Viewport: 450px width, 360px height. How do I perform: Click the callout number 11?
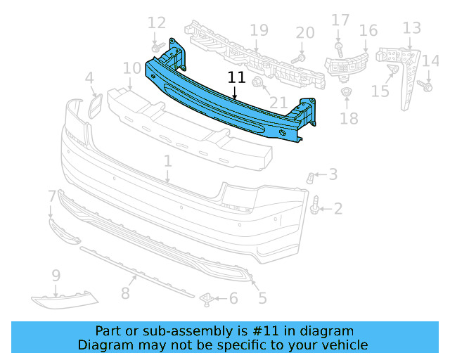click(x=236, y=78)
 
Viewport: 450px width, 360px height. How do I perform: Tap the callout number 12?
click(x=157, y=23)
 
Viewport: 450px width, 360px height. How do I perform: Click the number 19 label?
click(x=259, y=30)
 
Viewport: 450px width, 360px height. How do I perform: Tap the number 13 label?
click(x=412, y=28)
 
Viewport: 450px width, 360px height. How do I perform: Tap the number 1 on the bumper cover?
click(x=168, y=162)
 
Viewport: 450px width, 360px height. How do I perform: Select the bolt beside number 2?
click(x=316, y=206)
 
